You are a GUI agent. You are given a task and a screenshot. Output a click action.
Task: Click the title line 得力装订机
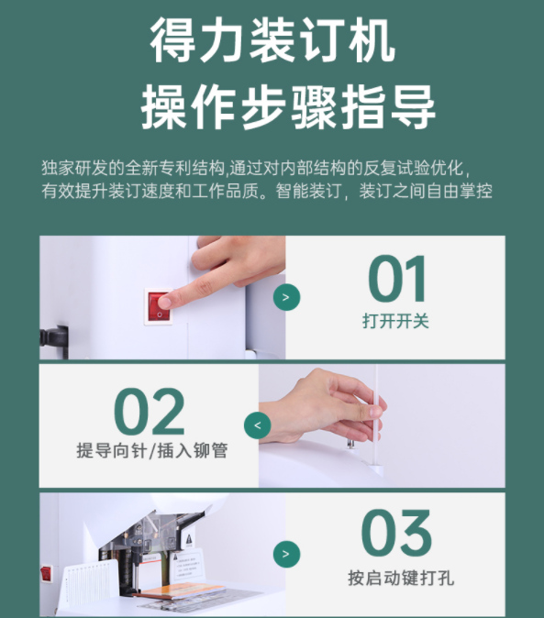tap(272, 40)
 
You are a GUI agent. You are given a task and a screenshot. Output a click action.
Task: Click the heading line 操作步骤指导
tap(288, 106)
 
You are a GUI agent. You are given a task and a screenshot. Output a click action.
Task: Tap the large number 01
tap(396, 279)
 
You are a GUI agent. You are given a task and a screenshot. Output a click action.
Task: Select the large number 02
tap(149, 411)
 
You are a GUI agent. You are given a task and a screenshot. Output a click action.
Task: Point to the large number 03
tap(396, 533)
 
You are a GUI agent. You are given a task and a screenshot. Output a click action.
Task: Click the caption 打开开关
tap(395, 321)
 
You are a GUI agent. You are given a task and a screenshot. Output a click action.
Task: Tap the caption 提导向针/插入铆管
tap(152, 450)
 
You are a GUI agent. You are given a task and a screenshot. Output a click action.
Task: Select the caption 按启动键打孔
tap(401, 579)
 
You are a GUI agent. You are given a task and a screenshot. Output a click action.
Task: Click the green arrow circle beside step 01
tap(286, 297)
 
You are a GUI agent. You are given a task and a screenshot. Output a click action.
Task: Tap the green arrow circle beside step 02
tap(258, 425)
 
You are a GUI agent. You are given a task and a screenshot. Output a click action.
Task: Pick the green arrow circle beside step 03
tap(286, 554)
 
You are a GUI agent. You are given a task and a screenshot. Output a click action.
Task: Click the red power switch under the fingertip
tap(160, 306)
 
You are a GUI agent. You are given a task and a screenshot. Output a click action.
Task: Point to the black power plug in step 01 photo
tap(54, 340)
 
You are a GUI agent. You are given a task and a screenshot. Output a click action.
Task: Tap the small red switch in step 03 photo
tap(46, 573)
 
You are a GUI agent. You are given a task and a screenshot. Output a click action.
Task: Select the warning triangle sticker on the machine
tap(189, 539)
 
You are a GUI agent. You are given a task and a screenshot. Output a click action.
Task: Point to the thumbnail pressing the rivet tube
tap(374, 413)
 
